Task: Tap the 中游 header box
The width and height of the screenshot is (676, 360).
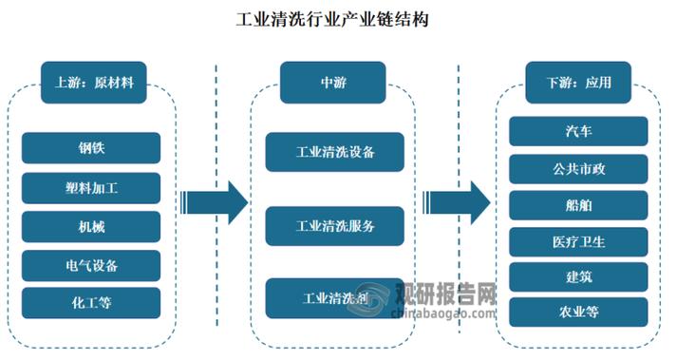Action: point(333,83)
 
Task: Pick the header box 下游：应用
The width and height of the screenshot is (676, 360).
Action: point(579,83)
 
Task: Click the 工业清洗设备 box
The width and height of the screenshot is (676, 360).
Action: point(334,152)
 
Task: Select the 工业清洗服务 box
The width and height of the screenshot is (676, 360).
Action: point(334,225)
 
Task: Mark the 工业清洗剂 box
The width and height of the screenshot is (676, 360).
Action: point(334,298)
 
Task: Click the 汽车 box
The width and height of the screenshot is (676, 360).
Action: point(578,131)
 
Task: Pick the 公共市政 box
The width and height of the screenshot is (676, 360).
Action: point(578,168)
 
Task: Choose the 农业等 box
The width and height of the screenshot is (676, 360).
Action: point(578,311)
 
